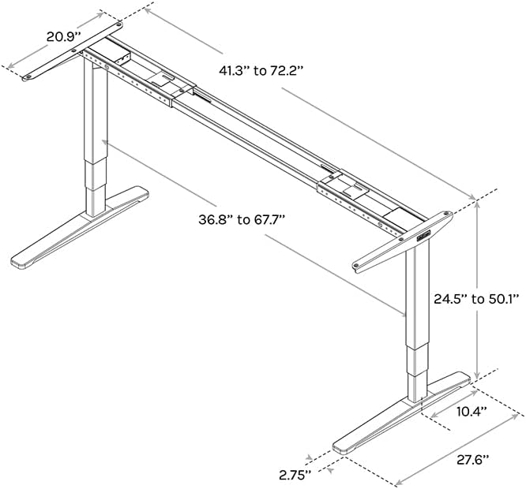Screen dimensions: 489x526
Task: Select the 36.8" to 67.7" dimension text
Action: pos(242,220)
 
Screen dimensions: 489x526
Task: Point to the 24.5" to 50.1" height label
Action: pos(476,299)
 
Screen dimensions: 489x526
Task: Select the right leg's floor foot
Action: pos(403,415)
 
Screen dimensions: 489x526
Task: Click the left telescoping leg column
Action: pos(96,142)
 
